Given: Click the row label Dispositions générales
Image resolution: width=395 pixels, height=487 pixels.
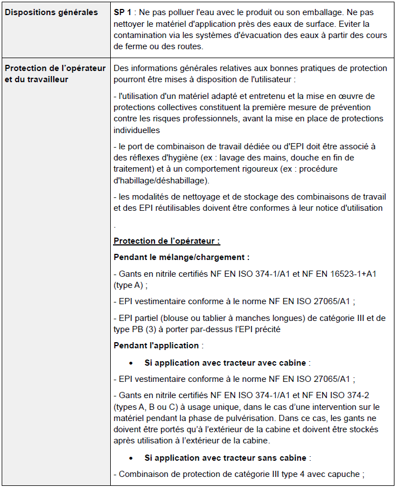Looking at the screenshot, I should (51, 12).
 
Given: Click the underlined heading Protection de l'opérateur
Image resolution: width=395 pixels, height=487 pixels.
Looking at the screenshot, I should (166, 241).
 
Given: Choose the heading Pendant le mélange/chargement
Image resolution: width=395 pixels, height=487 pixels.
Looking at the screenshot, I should (181, 257).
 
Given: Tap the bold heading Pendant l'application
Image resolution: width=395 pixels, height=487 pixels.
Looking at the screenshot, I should (156, 346).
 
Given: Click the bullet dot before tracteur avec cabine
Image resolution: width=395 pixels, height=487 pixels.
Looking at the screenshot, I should (130, 363).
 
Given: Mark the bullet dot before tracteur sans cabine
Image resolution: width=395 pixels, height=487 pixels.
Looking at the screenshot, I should (130, 458).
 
